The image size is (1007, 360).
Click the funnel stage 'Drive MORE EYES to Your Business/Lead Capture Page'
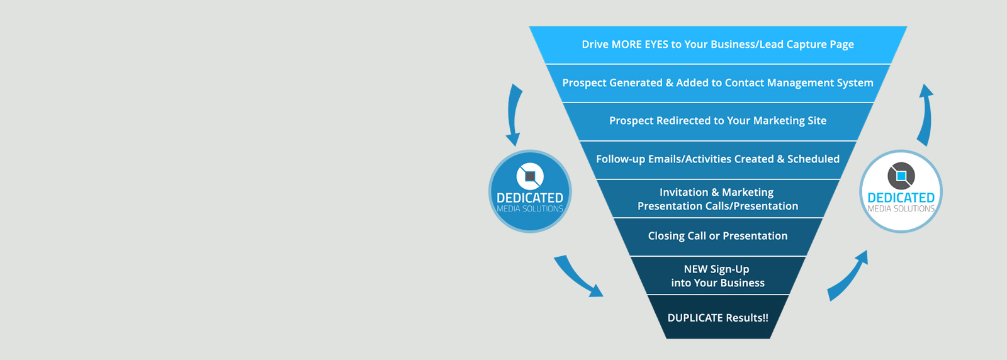click(x=717, y=45)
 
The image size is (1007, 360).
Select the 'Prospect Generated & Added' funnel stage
click(x=717, y=83)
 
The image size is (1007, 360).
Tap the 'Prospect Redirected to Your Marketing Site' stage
click(x=717, y=121)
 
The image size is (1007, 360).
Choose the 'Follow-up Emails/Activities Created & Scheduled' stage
click(x=717, y=159)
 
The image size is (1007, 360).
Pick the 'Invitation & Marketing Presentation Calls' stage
click(x=717, y=199)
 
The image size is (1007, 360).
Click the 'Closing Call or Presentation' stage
click(x=717, y=236)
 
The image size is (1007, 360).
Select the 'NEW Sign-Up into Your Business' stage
click(x=717, y=276)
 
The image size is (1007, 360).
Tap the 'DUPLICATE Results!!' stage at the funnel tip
click(x=717, y=318)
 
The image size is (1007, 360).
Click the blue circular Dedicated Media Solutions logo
click(x=530, y=191)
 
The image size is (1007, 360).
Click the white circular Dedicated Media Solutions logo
click(x=901, y=191)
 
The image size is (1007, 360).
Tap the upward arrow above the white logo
click(x=925, y=115)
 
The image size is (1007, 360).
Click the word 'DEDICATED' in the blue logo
click(x=530, y=198)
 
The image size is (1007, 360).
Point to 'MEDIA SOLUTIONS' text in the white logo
click(x=901, y=209)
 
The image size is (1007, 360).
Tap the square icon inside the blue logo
click(x=530, y=176)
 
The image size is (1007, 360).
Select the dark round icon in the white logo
click(x=901, y=176)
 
